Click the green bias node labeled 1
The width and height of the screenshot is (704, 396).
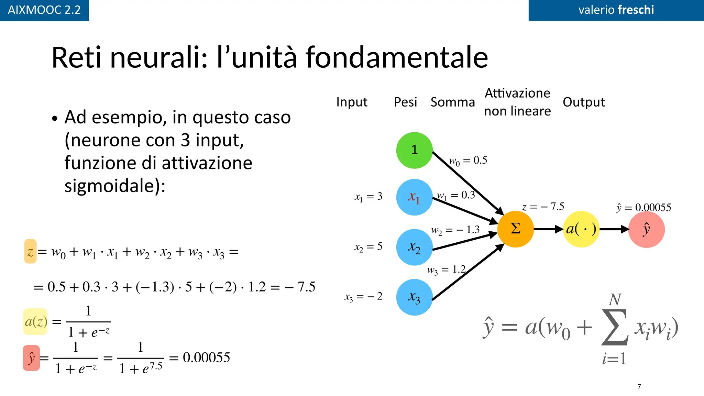point(414,150)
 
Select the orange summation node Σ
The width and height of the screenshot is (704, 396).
point(515,229)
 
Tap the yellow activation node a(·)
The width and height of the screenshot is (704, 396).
point(581,229)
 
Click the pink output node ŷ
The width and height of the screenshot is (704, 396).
point(646,229)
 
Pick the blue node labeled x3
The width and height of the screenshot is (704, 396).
point(414,297)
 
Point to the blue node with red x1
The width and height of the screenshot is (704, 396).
point(414,197)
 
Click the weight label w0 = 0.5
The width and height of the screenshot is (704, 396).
point(468,161)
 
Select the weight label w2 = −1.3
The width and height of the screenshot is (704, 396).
point(455,230)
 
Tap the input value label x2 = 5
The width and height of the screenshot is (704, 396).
point(368,246)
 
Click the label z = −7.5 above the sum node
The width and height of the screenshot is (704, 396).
point(543,207)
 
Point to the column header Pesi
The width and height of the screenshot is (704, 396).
point(405,102)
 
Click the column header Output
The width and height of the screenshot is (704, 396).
point(583,102)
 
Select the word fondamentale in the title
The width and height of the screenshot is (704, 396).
point(397,57)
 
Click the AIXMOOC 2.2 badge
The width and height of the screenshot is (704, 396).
point(44,10)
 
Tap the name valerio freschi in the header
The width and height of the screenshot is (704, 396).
point(616,10)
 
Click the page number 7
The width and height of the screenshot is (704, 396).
point(639,386)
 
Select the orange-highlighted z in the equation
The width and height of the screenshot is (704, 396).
point(30,252)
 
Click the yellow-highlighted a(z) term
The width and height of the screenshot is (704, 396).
point(35,322)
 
